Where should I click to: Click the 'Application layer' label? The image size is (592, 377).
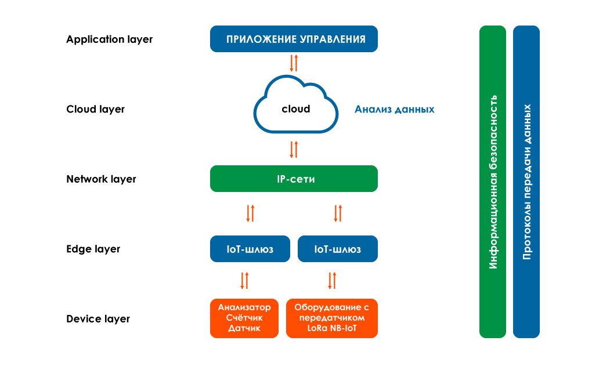pyautogui.click(x=109, y=39)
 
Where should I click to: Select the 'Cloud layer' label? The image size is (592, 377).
pyautogui.click(x=95, y=109)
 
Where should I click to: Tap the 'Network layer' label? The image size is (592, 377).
pyautogui.click(x=101, y=179)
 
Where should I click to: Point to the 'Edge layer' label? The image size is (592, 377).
pyautogui.click(x=93, y=249)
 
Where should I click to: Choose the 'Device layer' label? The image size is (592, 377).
pyautogui.click(x=98, y=318)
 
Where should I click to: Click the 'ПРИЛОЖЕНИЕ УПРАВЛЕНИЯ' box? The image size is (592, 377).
pyautogui.click(x=294, y=39)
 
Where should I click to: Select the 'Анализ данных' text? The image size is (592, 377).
pyautogui.click(x=394, y=109)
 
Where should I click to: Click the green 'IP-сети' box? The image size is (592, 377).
pyautogui.click(x=294, y=179)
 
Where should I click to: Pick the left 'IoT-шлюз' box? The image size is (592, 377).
pyautogui.click(x=250, y=249)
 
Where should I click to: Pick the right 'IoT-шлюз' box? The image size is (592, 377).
pyautogui.click(x=337, y=249)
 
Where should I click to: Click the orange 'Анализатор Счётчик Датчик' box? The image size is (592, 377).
pyautogui.click(x=244, y=318)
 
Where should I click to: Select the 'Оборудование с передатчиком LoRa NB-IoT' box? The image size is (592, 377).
pyautogui.click(x=331, y=318)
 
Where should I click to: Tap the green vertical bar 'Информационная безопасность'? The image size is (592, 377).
pyautogui.click(x=493, y=182)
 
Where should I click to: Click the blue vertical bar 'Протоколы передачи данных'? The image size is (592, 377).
pyautogui.click(x=526, y=182)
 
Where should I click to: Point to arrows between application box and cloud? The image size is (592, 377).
pyautogui.click(x=294, y=62)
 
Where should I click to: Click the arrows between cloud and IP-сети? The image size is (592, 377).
pyautogui.click(x=294, y=149)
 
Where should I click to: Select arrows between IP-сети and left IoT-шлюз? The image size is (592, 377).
pyautogui.click(x=250, y=213)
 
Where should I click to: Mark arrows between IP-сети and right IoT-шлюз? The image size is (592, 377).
pyautogui.click(x=337, y=213)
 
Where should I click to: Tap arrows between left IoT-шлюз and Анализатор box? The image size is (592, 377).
pyautogui.click(x=244, y=280)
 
